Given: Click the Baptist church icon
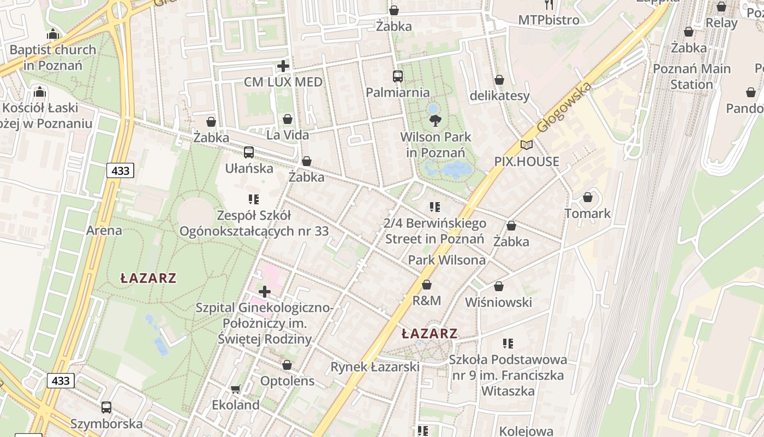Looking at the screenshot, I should point(53,34).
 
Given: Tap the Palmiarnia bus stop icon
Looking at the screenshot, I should point(397,76).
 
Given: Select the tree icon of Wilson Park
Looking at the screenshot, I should point(435,121).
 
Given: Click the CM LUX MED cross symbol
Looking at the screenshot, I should point(283,66).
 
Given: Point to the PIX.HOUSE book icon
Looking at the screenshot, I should point(526,145).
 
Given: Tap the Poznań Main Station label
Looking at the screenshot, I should point(691,76).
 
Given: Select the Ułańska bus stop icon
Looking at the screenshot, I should point(249,152).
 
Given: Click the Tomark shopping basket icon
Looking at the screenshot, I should point(588,197).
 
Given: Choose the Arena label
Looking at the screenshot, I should point(104,231).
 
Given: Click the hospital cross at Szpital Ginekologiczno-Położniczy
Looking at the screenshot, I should point(265,292).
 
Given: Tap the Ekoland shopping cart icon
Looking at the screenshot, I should point(235,389).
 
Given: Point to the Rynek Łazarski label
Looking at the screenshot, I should point(375,367).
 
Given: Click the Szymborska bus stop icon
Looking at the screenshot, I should point(106,408).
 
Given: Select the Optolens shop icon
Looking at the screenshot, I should point(287,365).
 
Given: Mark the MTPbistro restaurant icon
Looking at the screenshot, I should point(549,5).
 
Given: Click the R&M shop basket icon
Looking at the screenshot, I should point(427,285).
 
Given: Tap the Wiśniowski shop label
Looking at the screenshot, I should point(498,302).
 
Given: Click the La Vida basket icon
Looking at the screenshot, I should point(288,119).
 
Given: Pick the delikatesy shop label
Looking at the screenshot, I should point(499,96).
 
